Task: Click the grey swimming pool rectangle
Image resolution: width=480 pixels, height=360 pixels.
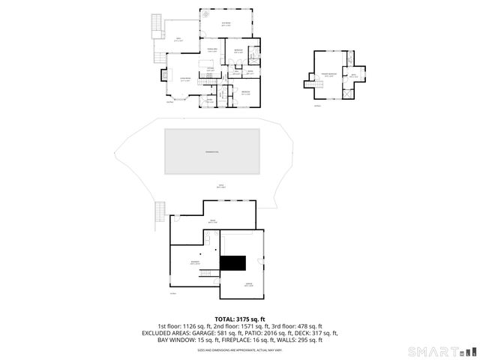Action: (x=212, y=151)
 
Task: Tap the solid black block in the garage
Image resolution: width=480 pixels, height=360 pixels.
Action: (x=233, y=263)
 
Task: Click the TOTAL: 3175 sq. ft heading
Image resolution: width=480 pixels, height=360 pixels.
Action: (x=239, y=319)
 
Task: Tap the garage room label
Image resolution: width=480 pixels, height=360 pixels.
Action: (x=249, y=285)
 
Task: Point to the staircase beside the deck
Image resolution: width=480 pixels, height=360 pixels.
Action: (x=156, y=27)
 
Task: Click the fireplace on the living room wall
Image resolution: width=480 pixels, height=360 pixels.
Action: (x=164, y=76)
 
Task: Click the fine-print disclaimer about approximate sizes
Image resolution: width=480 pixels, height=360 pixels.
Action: (x=239, y=350)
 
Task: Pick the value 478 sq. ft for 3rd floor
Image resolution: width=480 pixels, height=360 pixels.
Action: (x=309, y=327)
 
